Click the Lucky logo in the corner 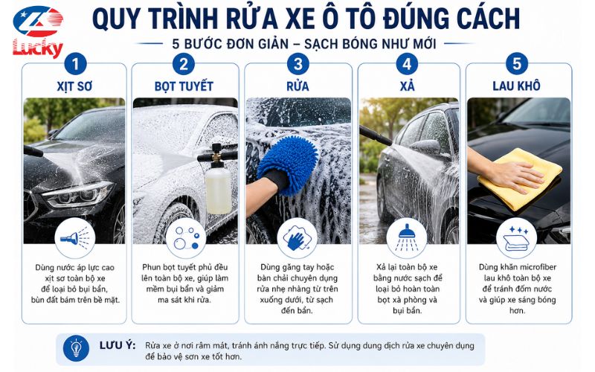[38, 31]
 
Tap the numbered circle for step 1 [76, 64]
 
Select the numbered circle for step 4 [407, 64]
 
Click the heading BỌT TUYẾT [184, 86]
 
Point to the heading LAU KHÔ [516, 86]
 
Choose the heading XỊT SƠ [74, 86]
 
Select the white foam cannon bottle [218, 190]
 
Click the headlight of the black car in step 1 [79, 194]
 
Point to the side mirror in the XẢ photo [425, 147]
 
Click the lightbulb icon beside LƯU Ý [77, 348]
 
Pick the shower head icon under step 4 [406, 238]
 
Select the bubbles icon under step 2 [186, 238]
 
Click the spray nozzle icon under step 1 [75, 238]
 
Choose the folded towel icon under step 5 [516, 239]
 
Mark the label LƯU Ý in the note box [118, 345]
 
